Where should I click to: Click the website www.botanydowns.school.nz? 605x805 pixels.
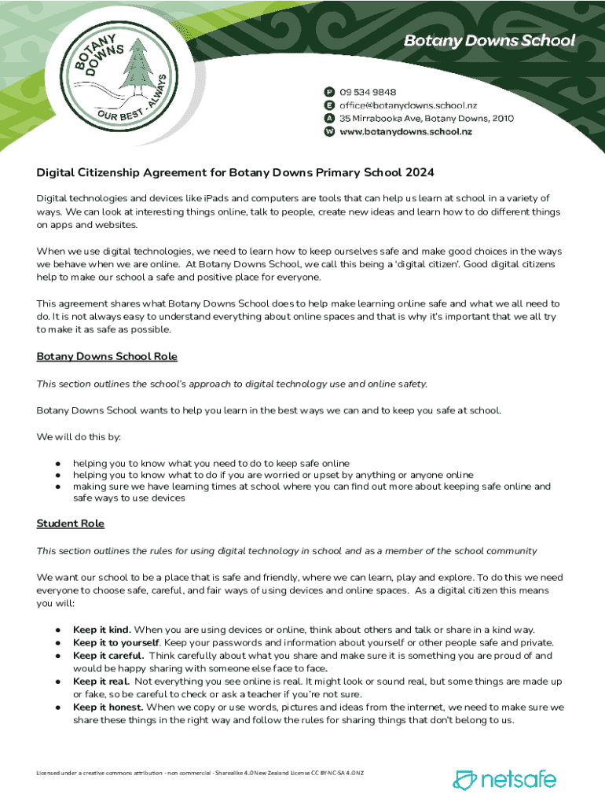405,132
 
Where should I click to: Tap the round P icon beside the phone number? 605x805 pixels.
330,91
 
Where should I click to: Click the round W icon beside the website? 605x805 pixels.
330,132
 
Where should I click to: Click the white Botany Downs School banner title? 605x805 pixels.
489,41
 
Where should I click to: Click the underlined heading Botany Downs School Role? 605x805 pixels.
107,357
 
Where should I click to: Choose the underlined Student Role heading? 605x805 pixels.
71,524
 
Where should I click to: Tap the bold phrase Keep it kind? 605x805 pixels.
102,630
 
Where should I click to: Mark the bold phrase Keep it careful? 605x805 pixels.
108,655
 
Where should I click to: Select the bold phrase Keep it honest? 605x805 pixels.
108,707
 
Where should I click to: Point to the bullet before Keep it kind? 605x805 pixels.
58,630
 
